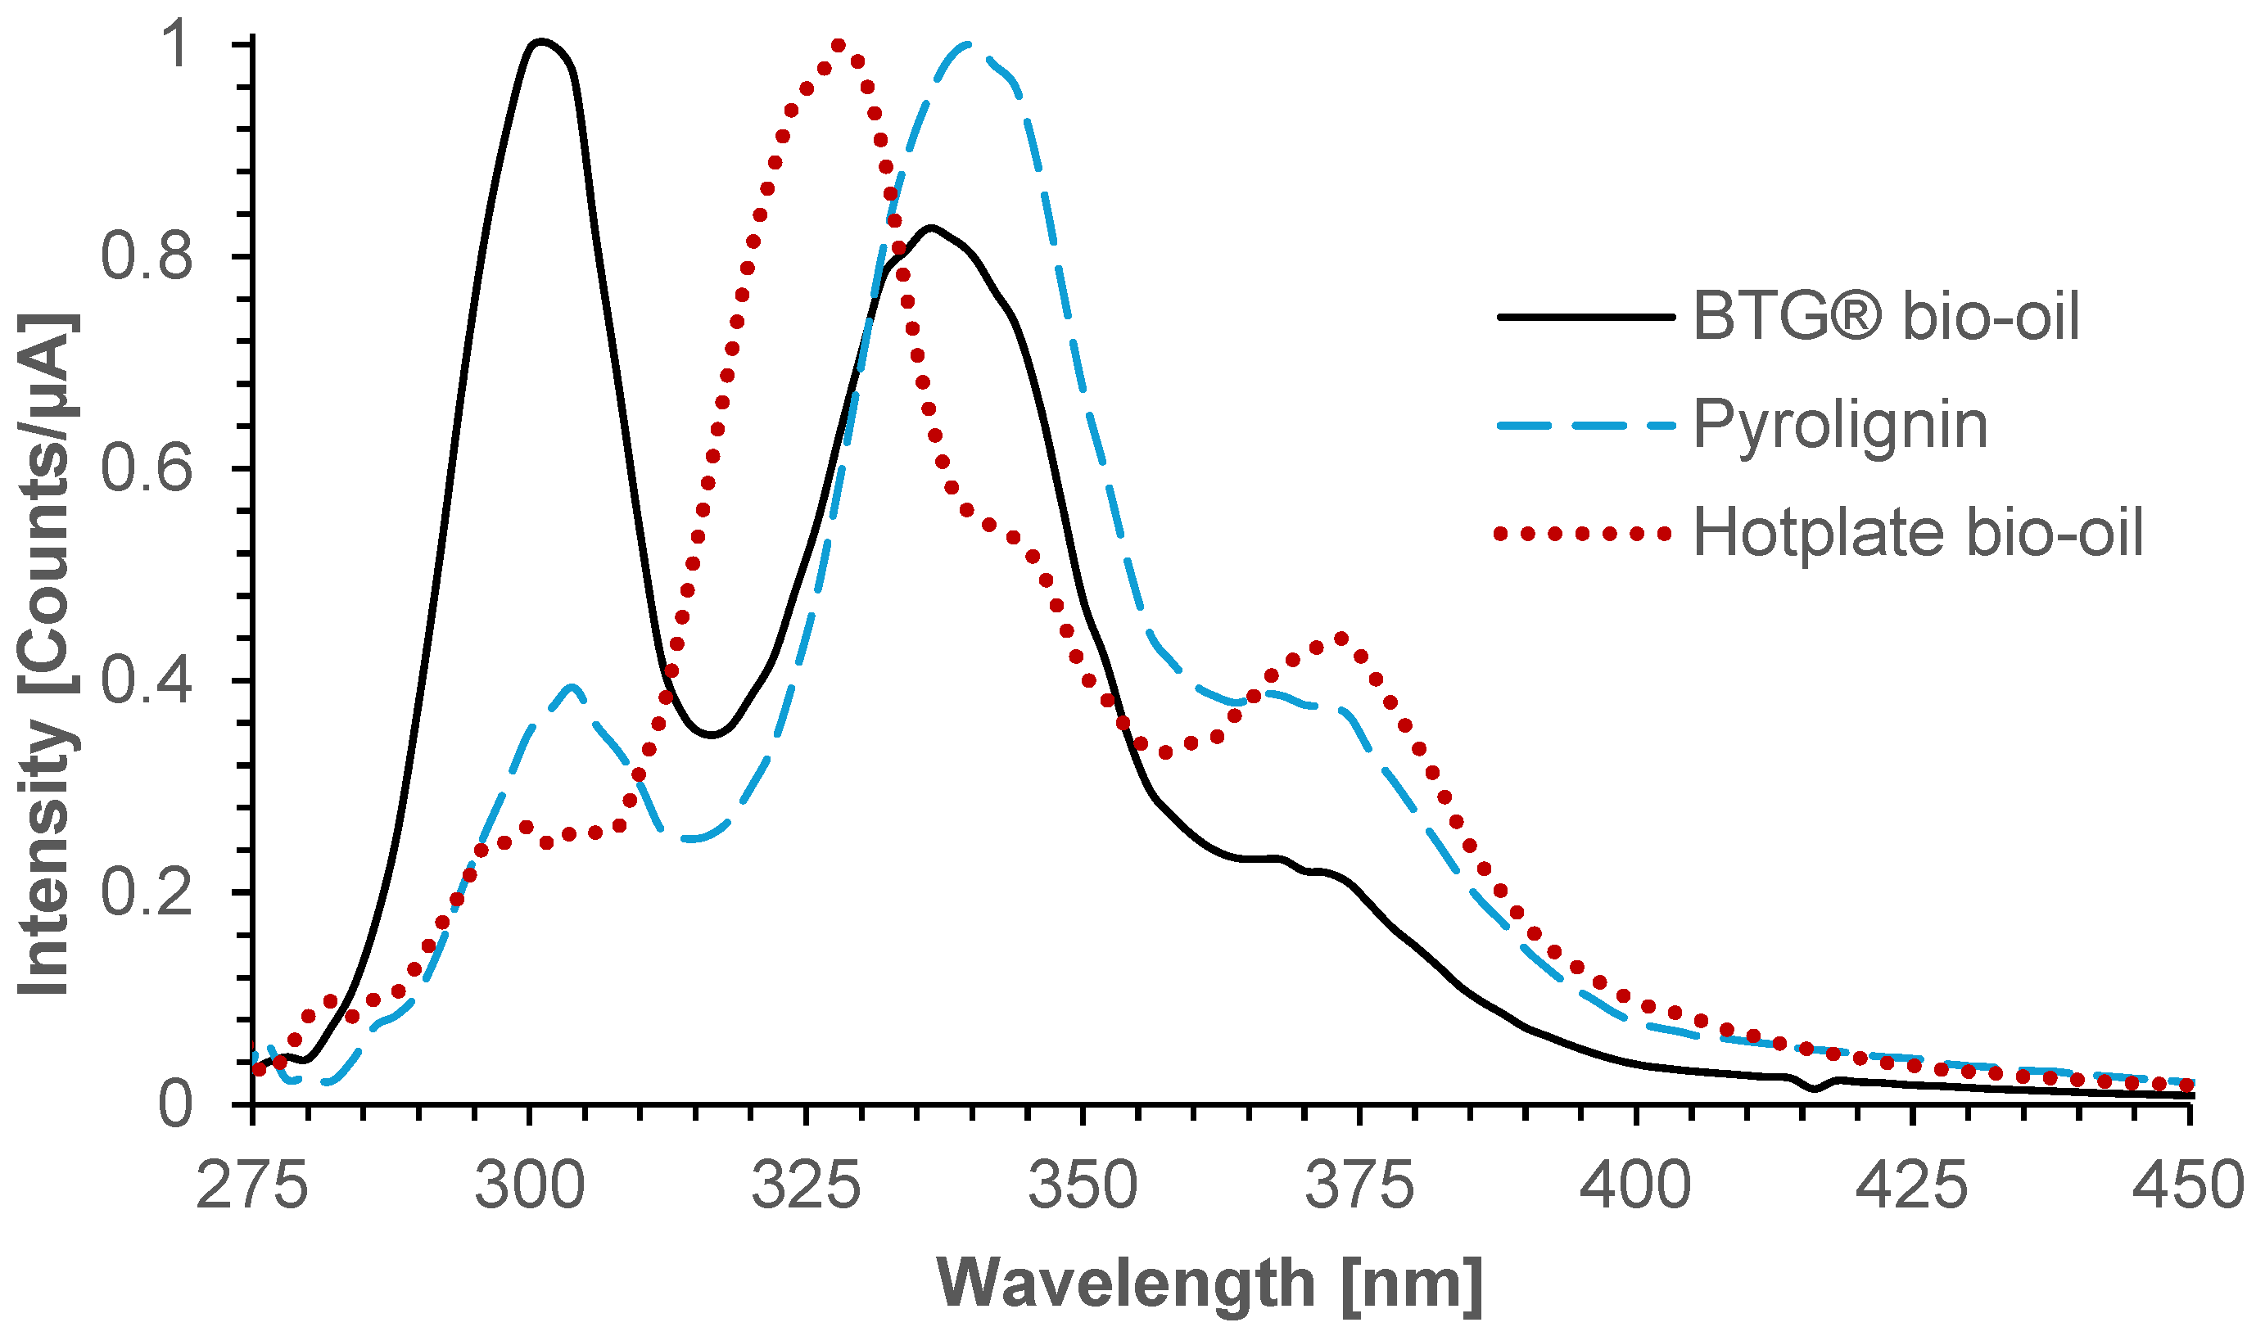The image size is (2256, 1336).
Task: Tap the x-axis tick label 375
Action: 1359,1185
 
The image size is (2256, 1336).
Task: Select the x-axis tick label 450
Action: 2187,1185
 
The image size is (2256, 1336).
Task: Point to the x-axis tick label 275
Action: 252,1185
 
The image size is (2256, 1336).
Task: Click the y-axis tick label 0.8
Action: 147,255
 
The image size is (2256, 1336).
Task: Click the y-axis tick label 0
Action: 174,1104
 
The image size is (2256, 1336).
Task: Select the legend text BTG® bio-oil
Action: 1886,316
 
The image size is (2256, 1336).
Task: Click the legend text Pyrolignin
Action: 1840,424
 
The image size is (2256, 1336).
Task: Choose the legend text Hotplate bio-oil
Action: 1918,533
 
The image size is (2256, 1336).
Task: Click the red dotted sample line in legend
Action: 1583,534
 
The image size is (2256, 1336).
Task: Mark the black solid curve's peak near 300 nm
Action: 541,42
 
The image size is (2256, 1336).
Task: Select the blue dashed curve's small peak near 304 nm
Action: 572,686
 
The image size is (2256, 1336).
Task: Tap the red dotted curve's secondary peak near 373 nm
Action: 1340,639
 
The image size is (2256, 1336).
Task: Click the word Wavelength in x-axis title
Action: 1125,1283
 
